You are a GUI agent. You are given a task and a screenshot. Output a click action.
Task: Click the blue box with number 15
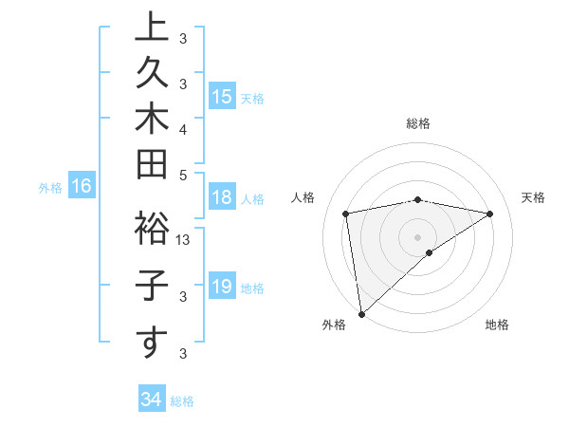222,97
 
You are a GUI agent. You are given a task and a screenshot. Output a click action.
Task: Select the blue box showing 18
222,197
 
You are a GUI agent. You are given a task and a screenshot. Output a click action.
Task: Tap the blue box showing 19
222,287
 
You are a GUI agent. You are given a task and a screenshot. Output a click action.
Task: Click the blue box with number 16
81,187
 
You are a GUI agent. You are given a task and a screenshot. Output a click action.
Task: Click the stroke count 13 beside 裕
184,240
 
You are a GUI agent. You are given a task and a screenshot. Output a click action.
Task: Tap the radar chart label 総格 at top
418,123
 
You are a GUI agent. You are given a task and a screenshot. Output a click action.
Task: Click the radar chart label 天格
534,197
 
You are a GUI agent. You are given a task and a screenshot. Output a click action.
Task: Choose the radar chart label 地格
497,325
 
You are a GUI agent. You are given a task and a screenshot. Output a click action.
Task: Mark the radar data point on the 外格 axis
361,313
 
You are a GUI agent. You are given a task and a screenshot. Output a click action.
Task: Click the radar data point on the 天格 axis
490,214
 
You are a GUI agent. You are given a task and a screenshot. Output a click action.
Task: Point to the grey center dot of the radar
418,236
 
